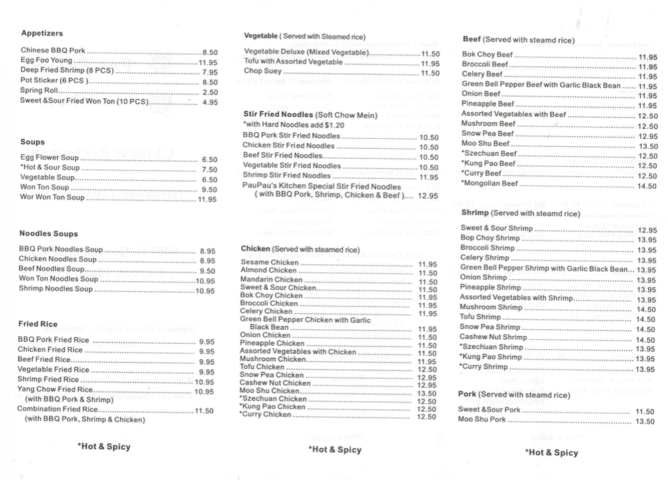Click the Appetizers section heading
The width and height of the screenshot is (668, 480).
42,33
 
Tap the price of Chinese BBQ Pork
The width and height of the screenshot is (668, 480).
210,52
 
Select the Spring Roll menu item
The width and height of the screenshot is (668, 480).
39,91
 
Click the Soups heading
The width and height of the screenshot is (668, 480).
33,142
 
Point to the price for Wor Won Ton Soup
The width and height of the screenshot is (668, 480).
207,199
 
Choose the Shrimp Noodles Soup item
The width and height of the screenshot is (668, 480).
56,289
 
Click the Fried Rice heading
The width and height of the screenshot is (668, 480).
38,324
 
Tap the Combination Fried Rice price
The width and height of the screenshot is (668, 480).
204,411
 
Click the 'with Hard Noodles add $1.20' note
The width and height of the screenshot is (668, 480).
294,125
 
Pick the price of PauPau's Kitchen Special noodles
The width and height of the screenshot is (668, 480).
428,196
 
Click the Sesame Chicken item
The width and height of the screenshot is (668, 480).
264,262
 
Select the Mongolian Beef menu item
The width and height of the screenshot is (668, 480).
490,184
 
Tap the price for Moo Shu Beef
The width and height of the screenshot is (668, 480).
648,146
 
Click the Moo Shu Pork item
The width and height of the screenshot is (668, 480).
482,420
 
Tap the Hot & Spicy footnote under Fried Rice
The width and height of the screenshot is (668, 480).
104,447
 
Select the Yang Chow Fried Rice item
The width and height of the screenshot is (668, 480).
55,390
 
